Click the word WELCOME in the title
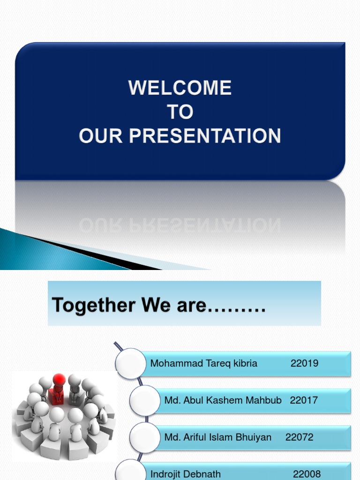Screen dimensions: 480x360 coord(180,88)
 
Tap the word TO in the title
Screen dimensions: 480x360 coord(180,112)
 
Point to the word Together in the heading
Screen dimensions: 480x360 coord(87,305)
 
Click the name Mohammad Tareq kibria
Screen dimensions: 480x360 coord(203,363)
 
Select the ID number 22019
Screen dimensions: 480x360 coord(304,363)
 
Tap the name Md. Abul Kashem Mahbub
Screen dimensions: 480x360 coord(223,400)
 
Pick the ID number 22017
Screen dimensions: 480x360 coord(304,400)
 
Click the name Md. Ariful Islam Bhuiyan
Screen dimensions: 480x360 coord(218,437)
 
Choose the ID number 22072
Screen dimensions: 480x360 coord(300,437)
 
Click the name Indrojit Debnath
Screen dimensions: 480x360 coord(186,474)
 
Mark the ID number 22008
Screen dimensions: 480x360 coord(307,474)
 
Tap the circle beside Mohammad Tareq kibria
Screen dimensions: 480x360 coord(131,363)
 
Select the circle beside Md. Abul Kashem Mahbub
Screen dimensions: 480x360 coord(144,400)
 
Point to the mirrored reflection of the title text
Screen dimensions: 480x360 coord(180,226)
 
